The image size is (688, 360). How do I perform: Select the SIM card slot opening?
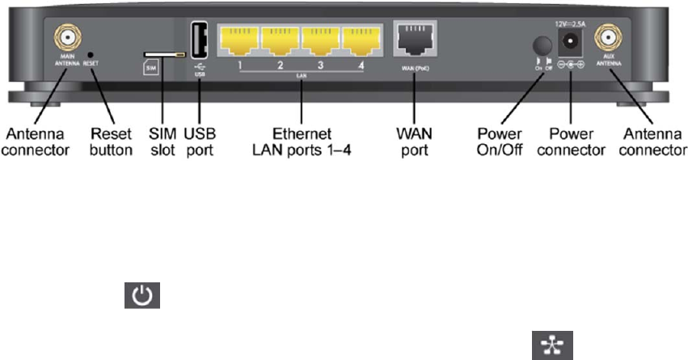(x=162, y=55)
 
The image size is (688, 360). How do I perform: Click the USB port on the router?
(x=200, y=39)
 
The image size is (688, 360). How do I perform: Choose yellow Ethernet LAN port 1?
(x=238, y=40)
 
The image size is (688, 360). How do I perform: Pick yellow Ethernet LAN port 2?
(x=279, y=40)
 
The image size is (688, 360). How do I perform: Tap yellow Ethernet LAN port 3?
(x=320, y=40)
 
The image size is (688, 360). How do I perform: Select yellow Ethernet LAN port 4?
(x=361, y=40)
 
